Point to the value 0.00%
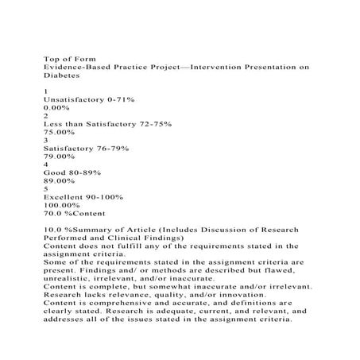click(x=58, y=111)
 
